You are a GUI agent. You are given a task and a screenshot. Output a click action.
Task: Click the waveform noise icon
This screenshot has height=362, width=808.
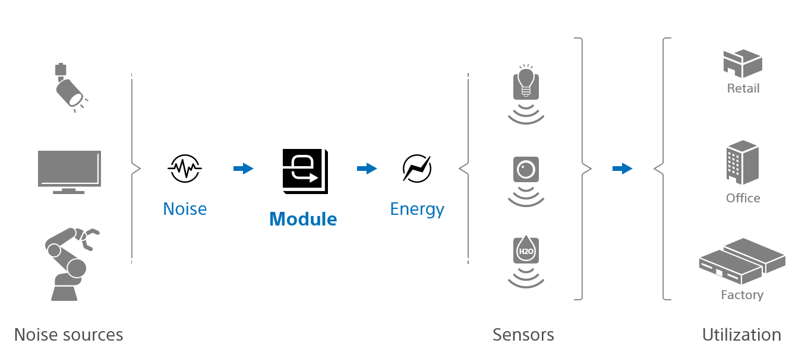[x=185, y=169]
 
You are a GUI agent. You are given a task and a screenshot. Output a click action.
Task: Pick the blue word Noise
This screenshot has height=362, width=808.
[x=185, y=209]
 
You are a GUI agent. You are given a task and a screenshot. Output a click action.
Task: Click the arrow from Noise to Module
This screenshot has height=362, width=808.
[x=244, y=169]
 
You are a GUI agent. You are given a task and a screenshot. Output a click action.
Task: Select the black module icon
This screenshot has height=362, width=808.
[x=305, y=171]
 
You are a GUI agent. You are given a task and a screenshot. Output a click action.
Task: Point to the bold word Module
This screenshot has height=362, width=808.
[x=303, y=220]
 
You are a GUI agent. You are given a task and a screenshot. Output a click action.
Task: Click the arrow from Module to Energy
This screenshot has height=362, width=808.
[x=367, y=169]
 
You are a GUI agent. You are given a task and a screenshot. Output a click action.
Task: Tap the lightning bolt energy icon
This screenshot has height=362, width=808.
[x=417, y=169]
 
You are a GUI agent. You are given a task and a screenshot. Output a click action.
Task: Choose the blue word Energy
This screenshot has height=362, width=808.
[x=417, y=209]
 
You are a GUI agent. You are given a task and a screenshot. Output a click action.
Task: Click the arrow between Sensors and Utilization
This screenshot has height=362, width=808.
[x=622, y=169]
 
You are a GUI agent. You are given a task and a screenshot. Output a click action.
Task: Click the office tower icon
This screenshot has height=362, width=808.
[x=743, y=162]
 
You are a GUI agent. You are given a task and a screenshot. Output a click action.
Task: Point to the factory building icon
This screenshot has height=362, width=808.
[x=743, y=261]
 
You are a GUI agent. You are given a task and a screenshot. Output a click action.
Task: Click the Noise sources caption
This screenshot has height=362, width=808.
[x=68, y=335]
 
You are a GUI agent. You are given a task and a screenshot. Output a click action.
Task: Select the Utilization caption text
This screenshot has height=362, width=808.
[x=741, y=335]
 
